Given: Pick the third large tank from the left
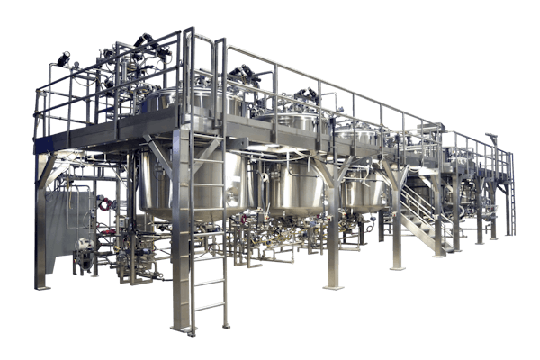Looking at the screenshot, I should coord(364,189).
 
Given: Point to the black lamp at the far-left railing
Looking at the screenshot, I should coord(63,59).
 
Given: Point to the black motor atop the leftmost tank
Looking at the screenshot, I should coord(145,42).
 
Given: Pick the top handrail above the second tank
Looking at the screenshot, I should coord(288,72).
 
